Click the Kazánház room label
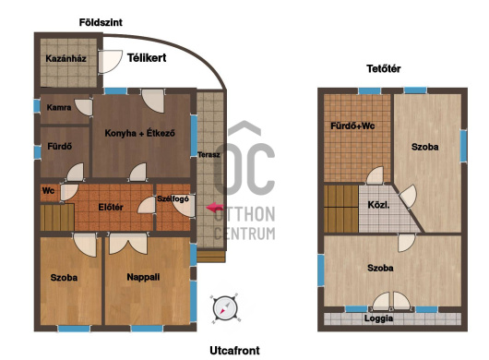pyautogui.click(x=66, y=58)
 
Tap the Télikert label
pyautogui.click(x=147, y=58)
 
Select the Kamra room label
pyautogui.click(x=59, y=108)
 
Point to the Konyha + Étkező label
pyautogui.click(x=139, y=133)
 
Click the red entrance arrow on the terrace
pyautogui.click(x=215, y=208)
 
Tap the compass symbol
pyautogui.click(x=225, y=308)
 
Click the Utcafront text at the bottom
pyautogui.click(x=234, y=351)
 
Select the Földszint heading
pyautogui.click(x=101, y=22)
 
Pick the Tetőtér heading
pyautogui.click(x=384, y=68)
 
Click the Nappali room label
pyautogui.click(x=143, y=277)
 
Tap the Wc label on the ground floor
pyautogui.click(x=48, y=190)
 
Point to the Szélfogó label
pyautogui.click(x=173, y=199)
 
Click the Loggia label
pyautogui.click(x=378, y=318)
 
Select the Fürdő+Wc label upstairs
pyautogui.click(x=352, y=126)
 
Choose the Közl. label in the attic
pyautogui.click(x=378, y=205)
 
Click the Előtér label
pyautogui.click(x=111, y=207)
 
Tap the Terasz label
pyautogui.click(x=209, y=154)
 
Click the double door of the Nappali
pyautogui.click(x=128, y=244)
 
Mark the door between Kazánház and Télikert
pyautogui.click(x=110, y=62)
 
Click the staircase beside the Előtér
pyautogui.click(x=57, y=217)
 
